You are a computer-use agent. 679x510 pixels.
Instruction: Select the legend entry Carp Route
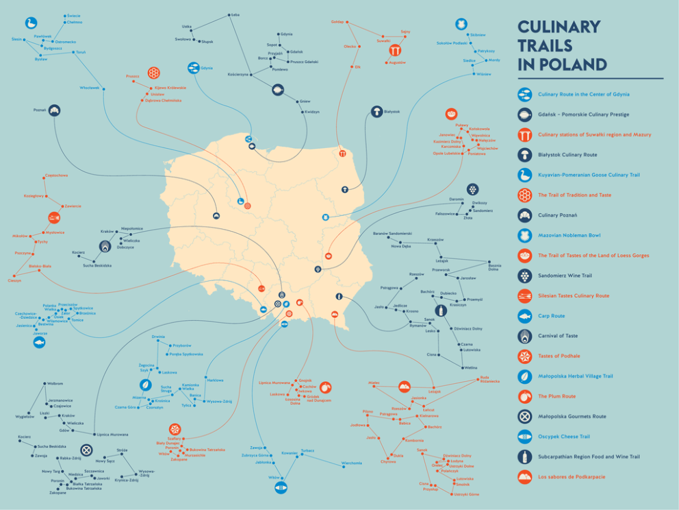[x=551, y=316]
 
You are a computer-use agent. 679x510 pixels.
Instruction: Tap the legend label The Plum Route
[x=558, y=396]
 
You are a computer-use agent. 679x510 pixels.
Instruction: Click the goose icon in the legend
[x=525, y=175]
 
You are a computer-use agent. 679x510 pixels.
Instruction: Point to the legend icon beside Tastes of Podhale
[x=525, y=356]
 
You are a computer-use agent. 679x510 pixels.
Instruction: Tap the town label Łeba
[x=235, y=14]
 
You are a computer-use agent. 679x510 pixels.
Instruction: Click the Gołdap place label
[x=337, y=22]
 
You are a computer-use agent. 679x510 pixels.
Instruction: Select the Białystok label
[x=392, y=111]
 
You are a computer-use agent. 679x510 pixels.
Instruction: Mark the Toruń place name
[x=81, y=52]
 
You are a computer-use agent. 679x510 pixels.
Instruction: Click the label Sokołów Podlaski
[x=452, y=42]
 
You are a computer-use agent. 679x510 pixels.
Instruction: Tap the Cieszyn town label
[x=14, y=280]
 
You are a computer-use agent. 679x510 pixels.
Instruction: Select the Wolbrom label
[x=54, y=383]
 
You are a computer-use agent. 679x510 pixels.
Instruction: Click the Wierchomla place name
[x=352, y=463]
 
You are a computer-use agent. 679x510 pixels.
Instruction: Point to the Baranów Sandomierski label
[x=392, y=234]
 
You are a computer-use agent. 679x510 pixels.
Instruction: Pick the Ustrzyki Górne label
[x=466, y=494]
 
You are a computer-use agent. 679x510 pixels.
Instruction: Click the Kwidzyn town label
[x=311, y=112]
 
